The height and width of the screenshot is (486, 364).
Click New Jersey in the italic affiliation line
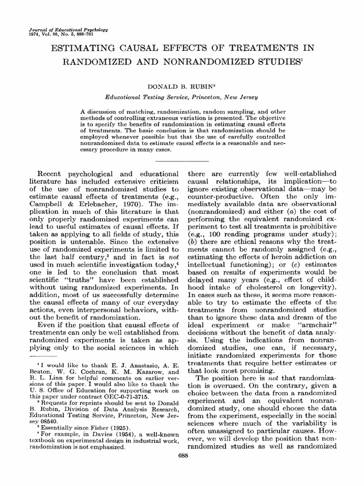point(240,97)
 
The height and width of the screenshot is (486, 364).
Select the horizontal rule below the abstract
point(182,161)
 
